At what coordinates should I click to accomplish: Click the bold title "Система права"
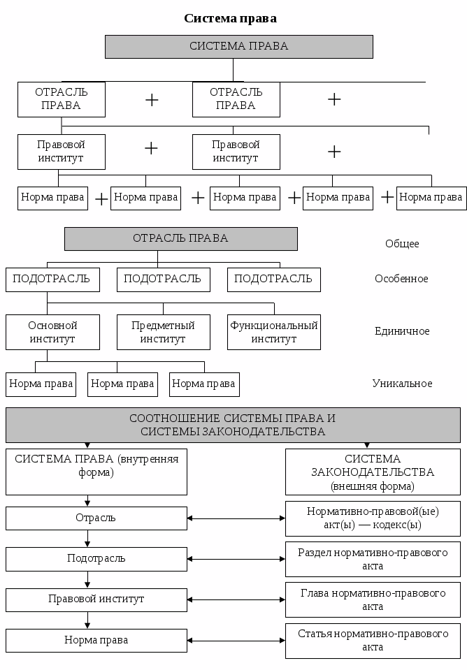click(230, 18)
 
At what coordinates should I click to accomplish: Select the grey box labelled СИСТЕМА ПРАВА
click(238, 46)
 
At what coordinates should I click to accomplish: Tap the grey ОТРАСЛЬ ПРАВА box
click(180, 238)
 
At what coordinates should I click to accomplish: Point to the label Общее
click(402, 244)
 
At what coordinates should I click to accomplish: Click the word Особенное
click(401, 279)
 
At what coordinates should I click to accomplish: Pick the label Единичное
click(401, 331)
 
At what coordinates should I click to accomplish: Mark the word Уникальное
click(402, 384)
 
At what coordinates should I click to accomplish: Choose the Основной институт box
click(52, 332)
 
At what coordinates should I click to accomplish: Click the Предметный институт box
click(163, 332)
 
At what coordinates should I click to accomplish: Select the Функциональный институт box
click(274, 332)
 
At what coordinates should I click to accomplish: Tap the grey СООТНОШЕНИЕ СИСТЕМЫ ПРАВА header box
click(233, 425)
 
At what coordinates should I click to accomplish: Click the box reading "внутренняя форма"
click(96, 471)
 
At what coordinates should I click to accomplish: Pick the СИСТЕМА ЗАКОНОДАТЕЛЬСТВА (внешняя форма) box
click(373, 472)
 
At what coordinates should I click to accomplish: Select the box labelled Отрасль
click(96, 518)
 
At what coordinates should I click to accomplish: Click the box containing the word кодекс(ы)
click(373, 518)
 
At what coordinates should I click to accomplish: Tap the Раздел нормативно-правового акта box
click(373, 559)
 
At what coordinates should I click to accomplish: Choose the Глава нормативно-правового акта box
click(373, 599)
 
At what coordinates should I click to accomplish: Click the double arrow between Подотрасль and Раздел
click(236, 559)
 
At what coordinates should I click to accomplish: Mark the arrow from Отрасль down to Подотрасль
click(87, 539)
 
